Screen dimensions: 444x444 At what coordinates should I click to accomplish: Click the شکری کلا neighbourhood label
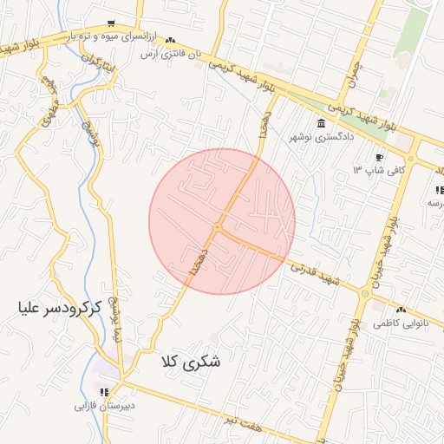(x=192, y=362)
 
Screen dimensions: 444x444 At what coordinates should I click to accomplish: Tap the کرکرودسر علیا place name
(x=60, y=306)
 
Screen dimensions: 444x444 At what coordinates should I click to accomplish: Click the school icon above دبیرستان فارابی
(x=105, y=392)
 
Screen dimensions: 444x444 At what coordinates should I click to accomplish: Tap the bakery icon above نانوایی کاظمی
(x=401, y=310)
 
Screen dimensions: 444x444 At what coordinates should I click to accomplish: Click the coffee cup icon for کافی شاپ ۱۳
(x=379, y=157)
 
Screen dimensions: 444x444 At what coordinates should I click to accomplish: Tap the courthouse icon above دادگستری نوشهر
(x=322, y=122)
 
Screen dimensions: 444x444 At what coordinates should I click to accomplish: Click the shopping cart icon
(x=110, y=23)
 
